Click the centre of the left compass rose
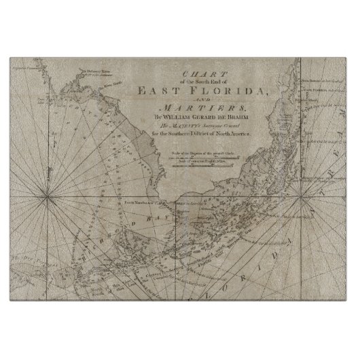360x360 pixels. coord(46,198)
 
